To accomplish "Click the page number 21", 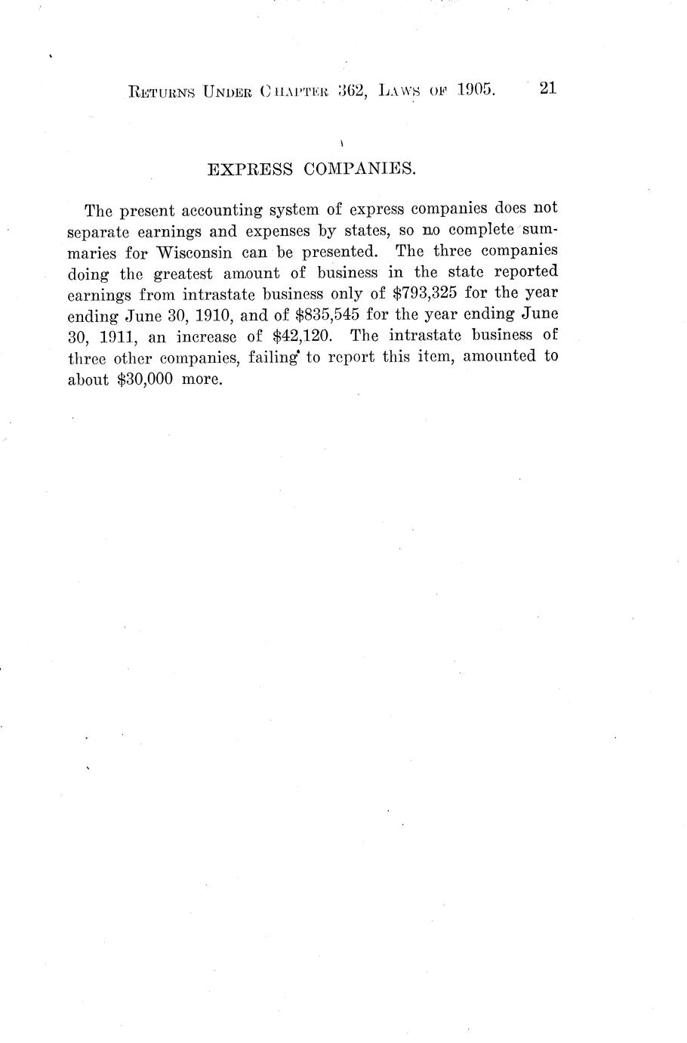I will pyautogui.click(x=547, y=88).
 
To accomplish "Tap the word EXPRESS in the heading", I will pyautogui.click(x=249, y=169).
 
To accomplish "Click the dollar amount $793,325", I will pyautogui.click(x=426, y=292).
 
